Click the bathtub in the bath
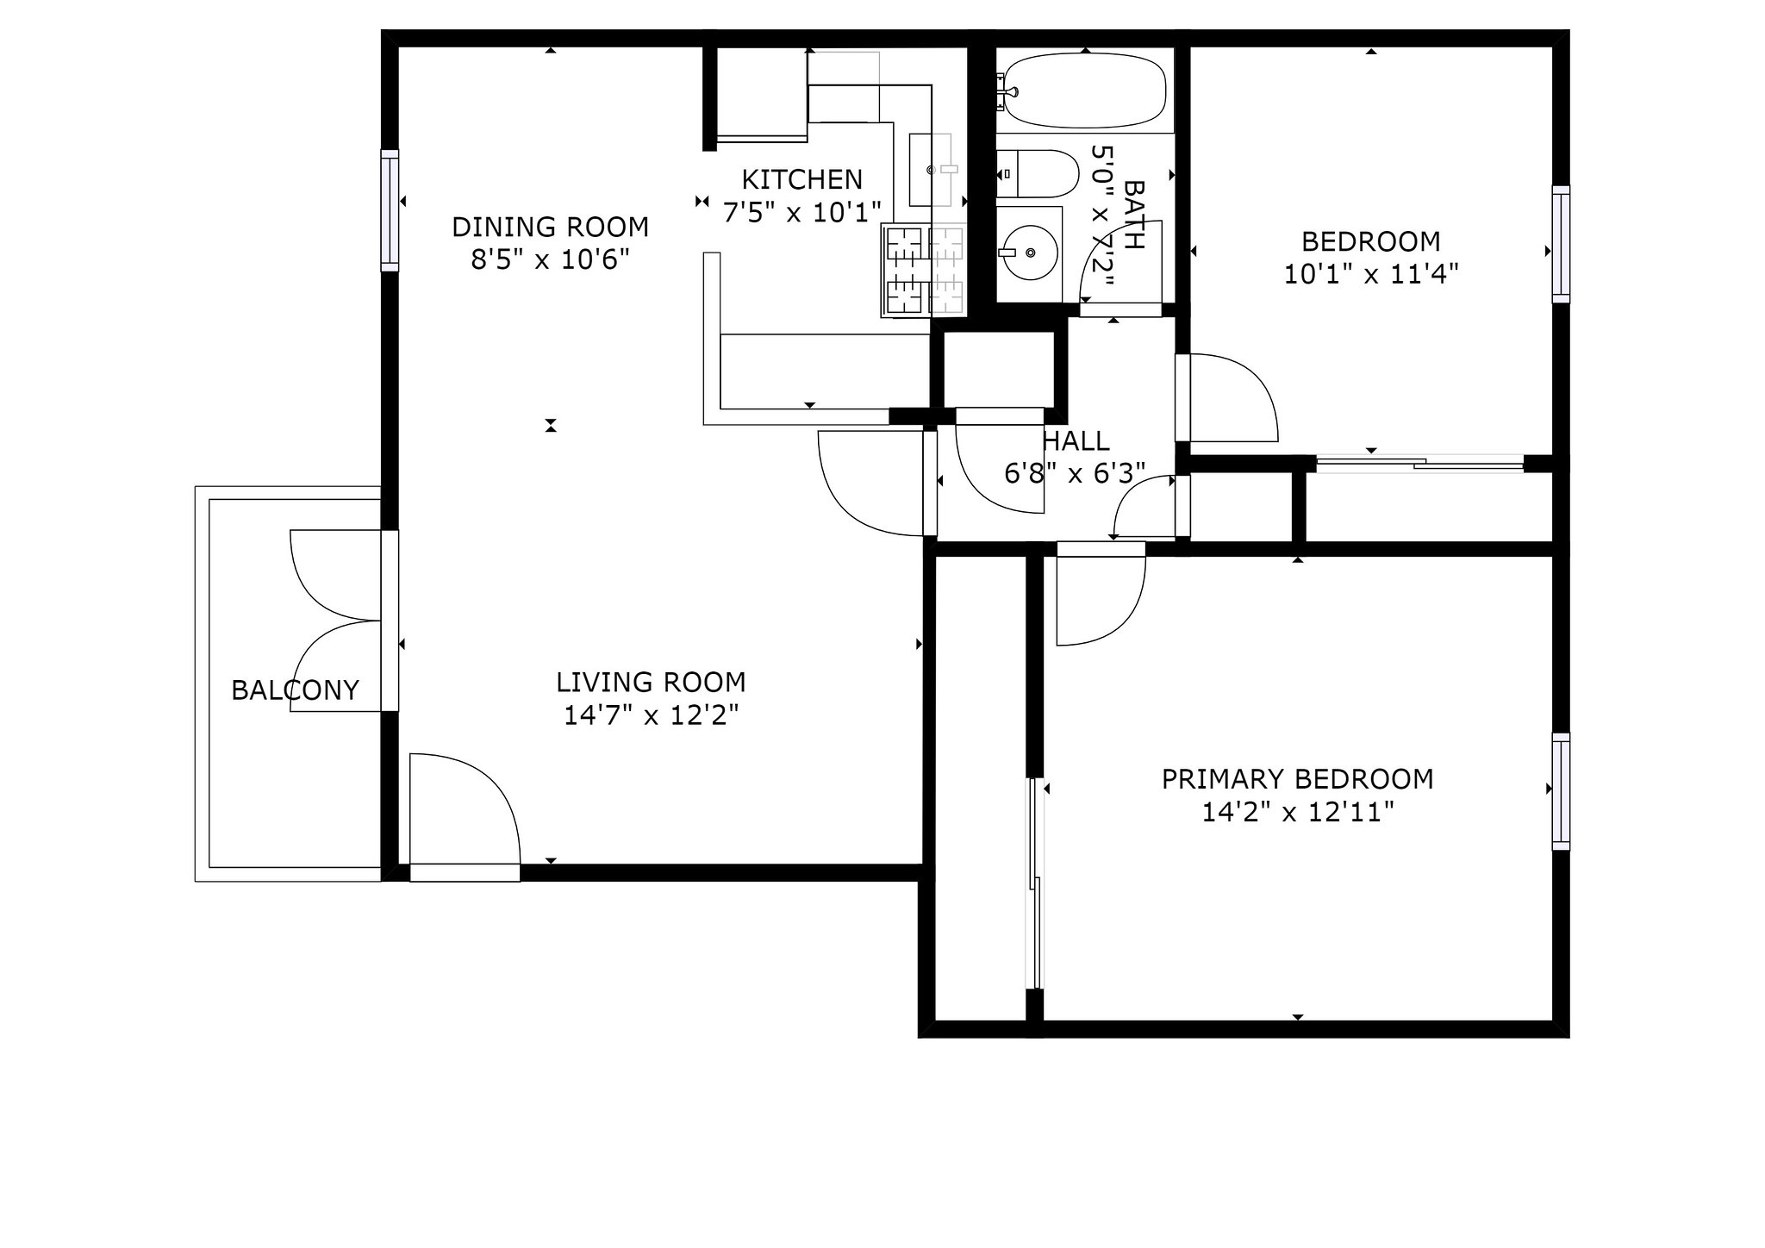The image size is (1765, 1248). pos(1085,90)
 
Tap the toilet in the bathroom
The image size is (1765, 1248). pos(1038,174)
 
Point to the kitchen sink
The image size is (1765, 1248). pos(934,170)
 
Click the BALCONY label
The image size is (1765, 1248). pos(295,690)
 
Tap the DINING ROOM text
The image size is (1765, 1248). pos(550,227)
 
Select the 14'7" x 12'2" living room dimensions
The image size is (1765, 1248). pos(652,715)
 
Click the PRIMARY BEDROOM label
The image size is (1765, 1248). pos(1297,779)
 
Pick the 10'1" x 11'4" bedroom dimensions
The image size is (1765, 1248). pos(1371,274)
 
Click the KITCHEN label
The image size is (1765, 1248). pos(802,179)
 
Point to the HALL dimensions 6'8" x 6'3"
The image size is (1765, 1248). pos(1075,473)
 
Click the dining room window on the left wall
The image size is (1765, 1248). pos(390,210)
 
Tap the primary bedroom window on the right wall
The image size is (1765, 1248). pos(1561,791)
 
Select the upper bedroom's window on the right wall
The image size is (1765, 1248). pos(1561,244)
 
